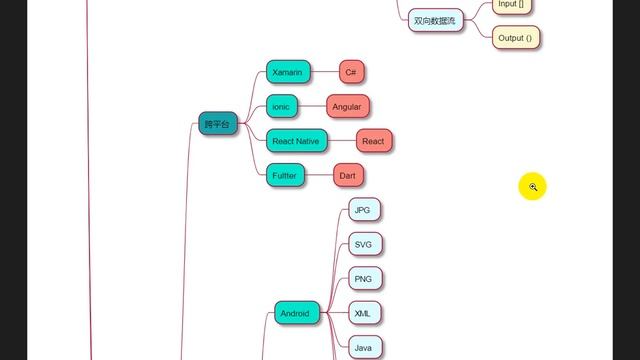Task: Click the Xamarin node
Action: [x=287, y=72]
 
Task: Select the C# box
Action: [x=352, y=72]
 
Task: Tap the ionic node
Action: [x=281, y=107]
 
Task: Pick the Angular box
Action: [x=347, y=107]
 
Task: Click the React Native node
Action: [x=296, y=141]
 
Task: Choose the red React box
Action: [x=373, y=141]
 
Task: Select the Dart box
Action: [x=347, y=175]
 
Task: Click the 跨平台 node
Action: [x=217, y=124]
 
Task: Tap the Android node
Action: [x=295, y=313]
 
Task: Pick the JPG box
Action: [x=363, y=210]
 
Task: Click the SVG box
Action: [x=363, y=244]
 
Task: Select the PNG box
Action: [x=363, y=278]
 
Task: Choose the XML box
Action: [x=363, y=313]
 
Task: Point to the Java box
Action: [x=363, y=347]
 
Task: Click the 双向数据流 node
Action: [x=435, y=20]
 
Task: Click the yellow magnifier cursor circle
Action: [x=533, y=186]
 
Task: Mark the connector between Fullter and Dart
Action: [x=317, y=175]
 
